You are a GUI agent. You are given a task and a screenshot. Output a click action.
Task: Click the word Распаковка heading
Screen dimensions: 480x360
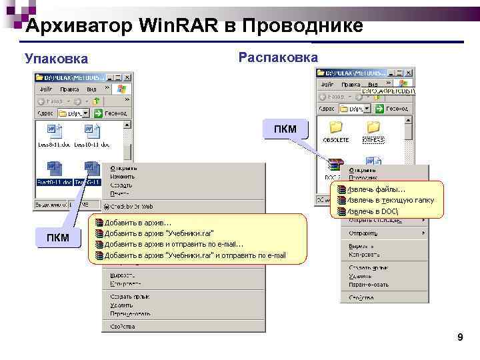click(x=278, y=57)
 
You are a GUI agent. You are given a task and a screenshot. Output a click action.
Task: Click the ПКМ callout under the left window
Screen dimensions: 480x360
click(x=57, y=238)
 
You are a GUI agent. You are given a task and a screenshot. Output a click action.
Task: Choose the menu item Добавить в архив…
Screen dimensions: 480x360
click(x=138, y=223)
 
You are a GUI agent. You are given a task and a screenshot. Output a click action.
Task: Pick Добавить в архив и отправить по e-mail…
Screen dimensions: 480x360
click(x=174, y=244)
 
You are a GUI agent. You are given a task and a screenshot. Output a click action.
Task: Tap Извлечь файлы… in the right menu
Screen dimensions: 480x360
click(x=376, y=189)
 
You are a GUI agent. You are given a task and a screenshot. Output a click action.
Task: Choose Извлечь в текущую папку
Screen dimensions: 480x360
click(x=390, y=200)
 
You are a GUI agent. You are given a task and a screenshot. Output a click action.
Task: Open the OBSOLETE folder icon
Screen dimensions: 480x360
click(x=336, y=127)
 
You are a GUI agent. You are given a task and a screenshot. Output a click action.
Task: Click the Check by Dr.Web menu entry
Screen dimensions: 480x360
click(x=131, y=206)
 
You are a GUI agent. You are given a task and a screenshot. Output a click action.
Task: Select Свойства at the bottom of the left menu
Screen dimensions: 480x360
click(x=123, y=327)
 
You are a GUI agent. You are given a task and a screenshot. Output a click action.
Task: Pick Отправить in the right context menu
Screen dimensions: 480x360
click(x=363, y=233)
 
